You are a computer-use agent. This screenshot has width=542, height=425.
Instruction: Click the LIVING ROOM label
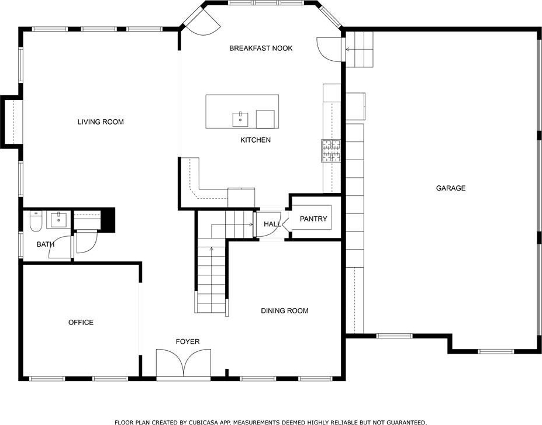pos(101,122)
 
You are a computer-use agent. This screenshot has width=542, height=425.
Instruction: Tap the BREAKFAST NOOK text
pos(261,48)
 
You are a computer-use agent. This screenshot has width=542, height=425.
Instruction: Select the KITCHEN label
pos(256,140)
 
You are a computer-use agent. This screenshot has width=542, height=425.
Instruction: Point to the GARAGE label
pos(451,188)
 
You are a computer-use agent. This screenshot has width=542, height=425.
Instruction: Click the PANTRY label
pos(313,219)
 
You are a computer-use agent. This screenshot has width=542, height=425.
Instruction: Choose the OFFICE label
pos(81,322)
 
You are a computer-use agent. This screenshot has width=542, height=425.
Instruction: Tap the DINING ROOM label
pos(285,310)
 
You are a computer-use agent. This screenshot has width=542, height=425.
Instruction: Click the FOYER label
pos(188,342)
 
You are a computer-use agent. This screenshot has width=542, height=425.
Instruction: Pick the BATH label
pos(45,244)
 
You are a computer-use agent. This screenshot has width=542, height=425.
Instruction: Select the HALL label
pos(272,224)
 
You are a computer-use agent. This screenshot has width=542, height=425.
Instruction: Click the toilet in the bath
pos(36,221)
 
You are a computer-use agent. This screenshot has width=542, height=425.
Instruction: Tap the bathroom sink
pos(59,220)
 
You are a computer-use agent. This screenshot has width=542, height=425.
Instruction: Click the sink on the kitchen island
pos(240,119)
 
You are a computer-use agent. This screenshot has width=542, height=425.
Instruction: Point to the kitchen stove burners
pos(331,151)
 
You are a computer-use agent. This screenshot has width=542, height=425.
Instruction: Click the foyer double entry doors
pos(184,363)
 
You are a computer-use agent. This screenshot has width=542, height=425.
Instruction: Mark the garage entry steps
pos(360,50)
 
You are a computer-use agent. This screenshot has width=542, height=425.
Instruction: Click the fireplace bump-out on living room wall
pos(12,122)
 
